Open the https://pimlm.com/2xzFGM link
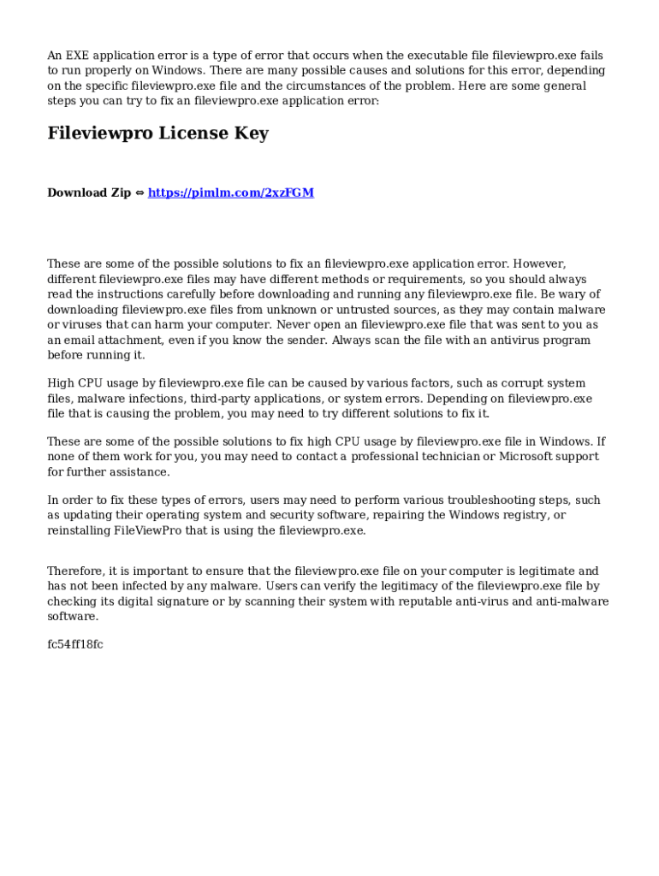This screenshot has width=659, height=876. [x=231, y=192]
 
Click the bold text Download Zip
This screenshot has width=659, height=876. [x=89, y=192]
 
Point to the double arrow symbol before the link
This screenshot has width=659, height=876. [x=140, y=192]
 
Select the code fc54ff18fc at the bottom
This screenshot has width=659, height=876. [x=75, y=644]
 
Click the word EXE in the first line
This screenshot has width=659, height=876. [x=79, y=56]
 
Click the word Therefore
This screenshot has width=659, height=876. [x=77, y=571]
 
